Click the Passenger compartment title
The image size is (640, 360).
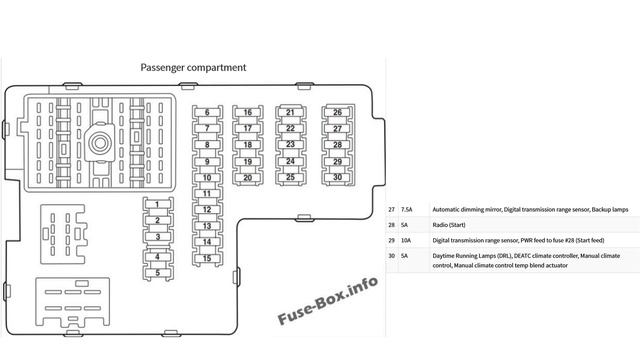click(x=194, y=68)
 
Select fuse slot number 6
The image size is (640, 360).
click(x=206, y=113)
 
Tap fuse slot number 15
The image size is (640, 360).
click(x=206, y=258)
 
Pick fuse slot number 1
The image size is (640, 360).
click(x=158, y=205)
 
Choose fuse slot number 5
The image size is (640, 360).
click(x=158, y=270)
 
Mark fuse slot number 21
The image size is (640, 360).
click(x=290, y=113)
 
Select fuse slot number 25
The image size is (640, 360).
click(x=290, y=177)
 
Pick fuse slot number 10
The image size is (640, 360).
click(x=206, y=177)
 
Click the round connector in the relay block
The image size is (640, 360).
click(x=100, y=142)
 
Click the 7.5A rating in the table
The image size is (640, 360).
click(x=407, y=210)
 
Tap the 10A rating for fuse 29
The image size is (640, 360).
click(x=406, y=241)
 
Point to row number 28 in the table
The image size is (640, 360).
click(x=392, y=226)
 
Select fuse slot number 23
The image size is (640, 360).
click(x=290, y=145)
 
